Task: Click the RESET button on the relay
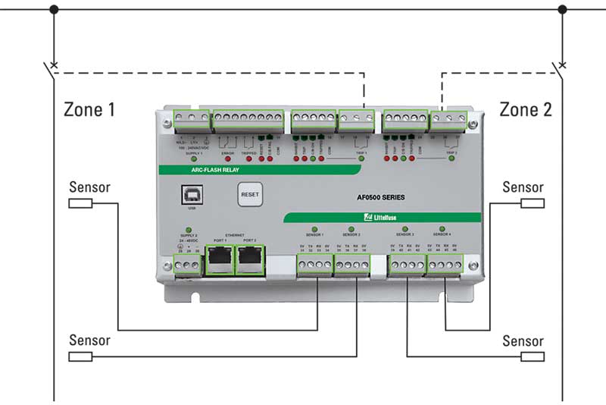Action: tap(249, 194)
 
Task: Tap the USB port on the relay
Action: tap(191, 195)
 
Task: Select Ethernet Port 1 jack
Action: tap(220, 260)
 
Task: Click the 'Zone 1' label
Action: tap(89, 109)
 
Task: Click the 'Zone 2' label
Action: tap(526, 109)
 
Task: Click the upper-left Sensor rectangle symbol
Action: tap(80, 203)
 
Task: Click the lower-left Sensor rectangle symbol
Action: tap(80, 356)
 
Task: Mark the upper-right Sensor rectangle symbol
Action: tap(533, 203)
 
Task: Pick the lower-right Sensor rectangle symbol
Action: tap(533, 356)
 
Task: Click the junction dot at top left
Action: tap(53, 10)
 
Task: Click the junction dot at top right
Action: tap(562, 10)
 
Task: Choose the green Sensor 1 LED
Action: tap(314, 228)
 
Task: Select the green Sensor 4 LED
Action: tap(443, 228)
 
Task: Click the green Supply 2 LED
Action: tap(186, 228)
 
